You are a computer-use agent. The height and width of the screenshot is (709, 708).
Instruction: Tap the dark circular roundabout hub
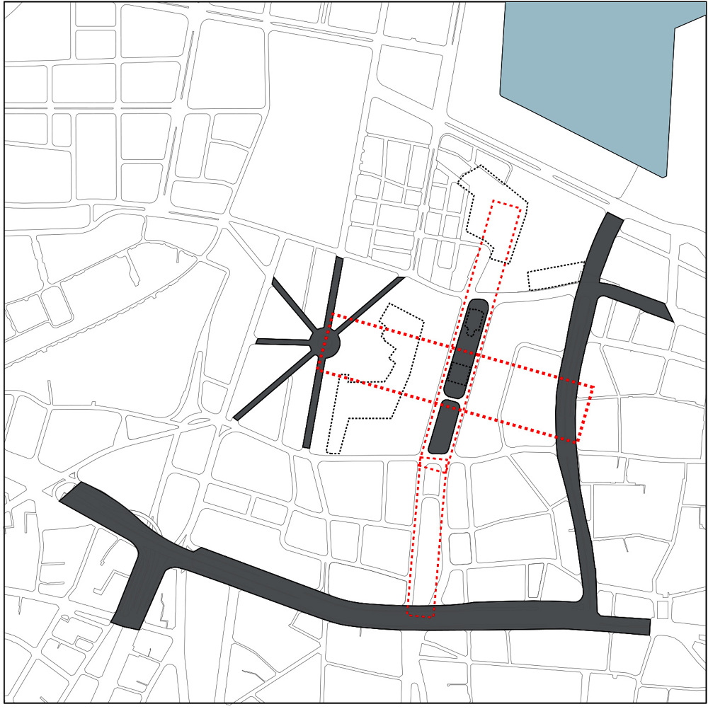pyautogui.click(x=326, y=344)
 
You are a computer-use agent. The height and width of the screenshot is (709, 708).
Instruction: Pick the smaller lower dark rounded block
pyautogui.click(x=444, y=427)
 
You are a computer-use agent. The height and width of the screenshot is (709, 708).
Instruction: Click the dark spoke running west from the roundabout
pyautogui.click(x=283, y=342)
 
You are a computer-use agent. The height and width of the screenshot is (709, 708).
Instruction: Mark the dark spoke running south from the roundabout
pyautogui.click(x=312, y=403)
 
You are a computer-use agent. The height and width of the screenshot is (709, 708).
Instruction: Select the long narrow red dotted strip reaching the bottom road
pyautogui.click(x=425, y=545)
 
